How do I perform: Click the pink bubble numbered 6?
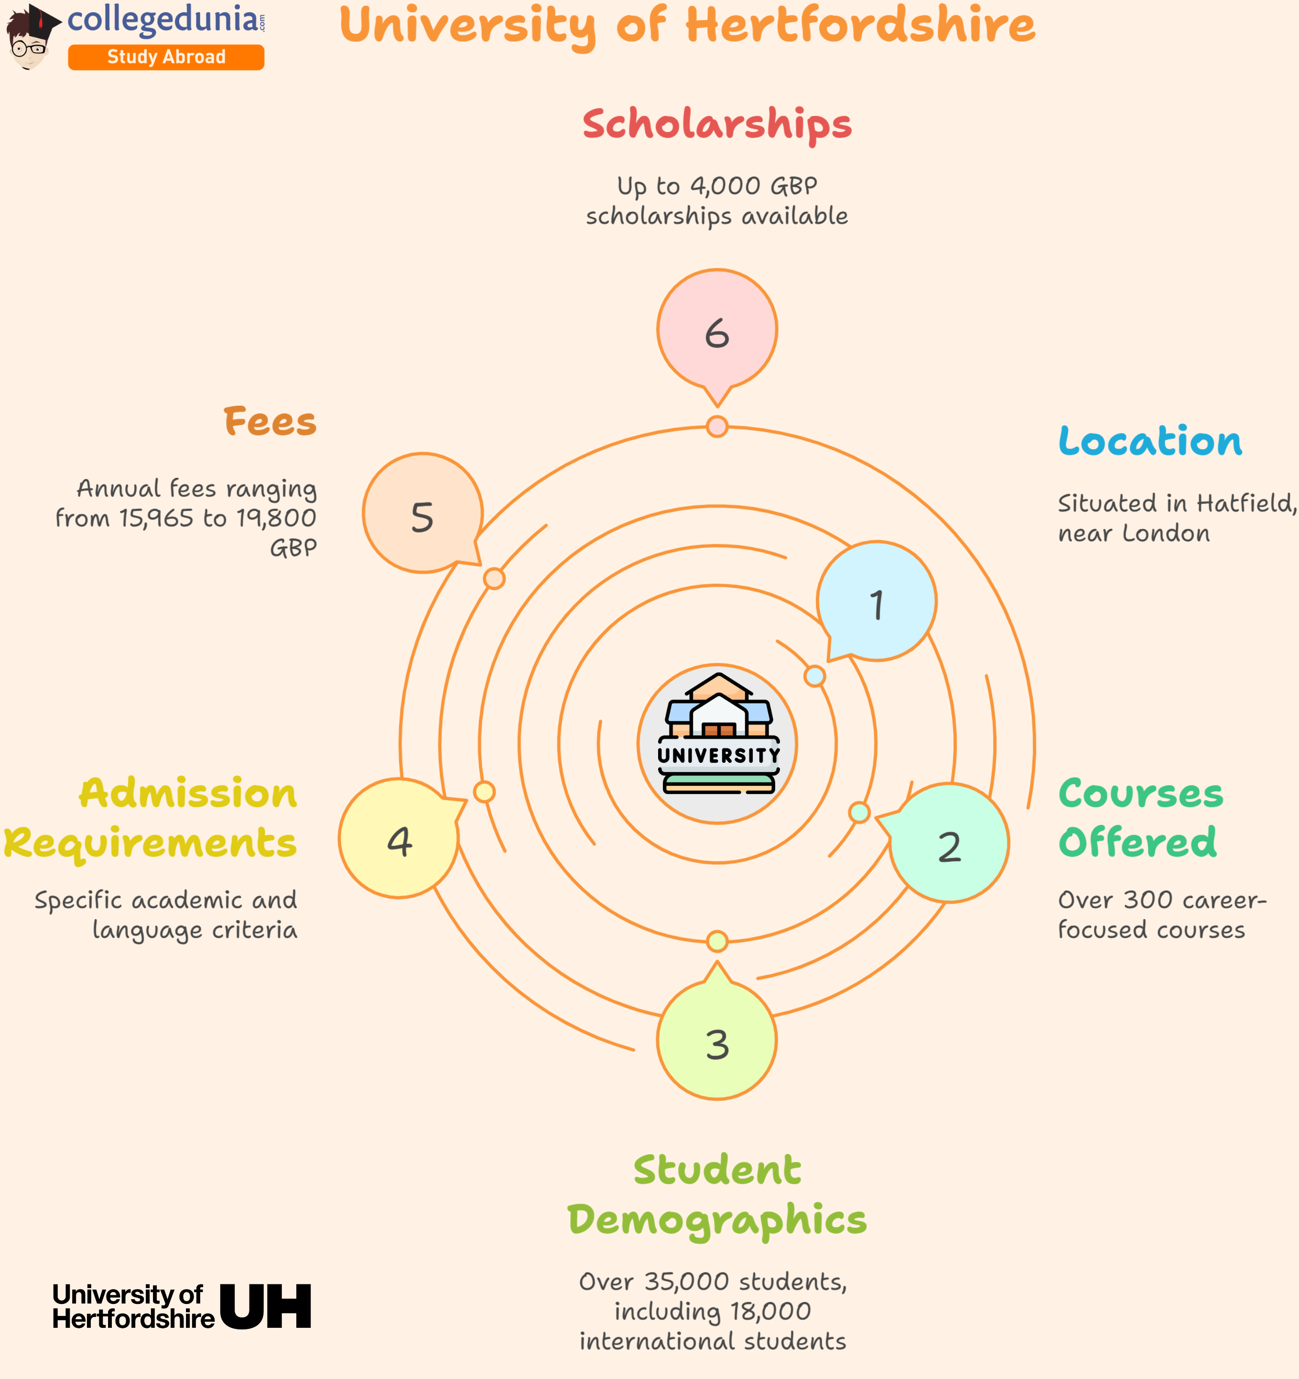(717, 329)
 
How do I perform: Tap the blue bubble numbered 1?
(877, 601)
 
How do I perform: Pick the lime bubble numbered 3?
(717, 1041)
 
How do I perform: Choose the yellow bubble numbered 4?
(399, 839)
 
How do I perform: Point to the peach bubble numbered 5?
(422, 514)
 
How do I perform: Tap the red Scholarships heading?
(716, 124)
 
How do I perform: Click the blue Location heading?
(1150, 441)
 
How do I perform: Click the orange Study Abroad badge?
(166, 57)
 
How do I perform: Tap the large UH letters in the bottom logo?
(266, 1306)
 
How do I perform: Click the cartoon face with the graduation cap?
(29, 40)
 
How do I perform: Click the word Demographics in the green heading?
(717, 1221)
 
